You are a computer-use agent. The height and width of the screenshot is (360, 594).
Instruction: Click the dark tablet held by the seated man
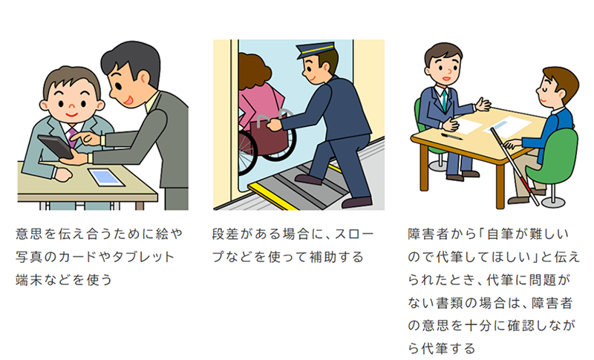56,145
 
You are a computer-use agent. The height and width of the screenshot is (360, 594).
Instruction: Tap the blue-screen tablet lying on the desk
106,177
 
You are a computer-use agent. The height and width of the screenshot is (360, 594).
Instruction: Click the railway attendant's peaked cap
315,50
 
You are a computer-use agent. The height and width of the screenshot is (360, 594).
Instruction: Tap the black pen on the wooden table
451,137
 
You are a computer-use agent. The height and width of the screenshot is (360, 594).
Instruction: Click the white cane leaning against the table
515,166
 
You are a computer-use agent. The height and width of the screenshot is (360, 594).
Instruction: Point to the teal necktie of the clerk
444,100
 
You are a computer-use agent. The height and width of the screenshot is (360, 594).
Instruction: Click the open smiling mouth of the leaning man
128,100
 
